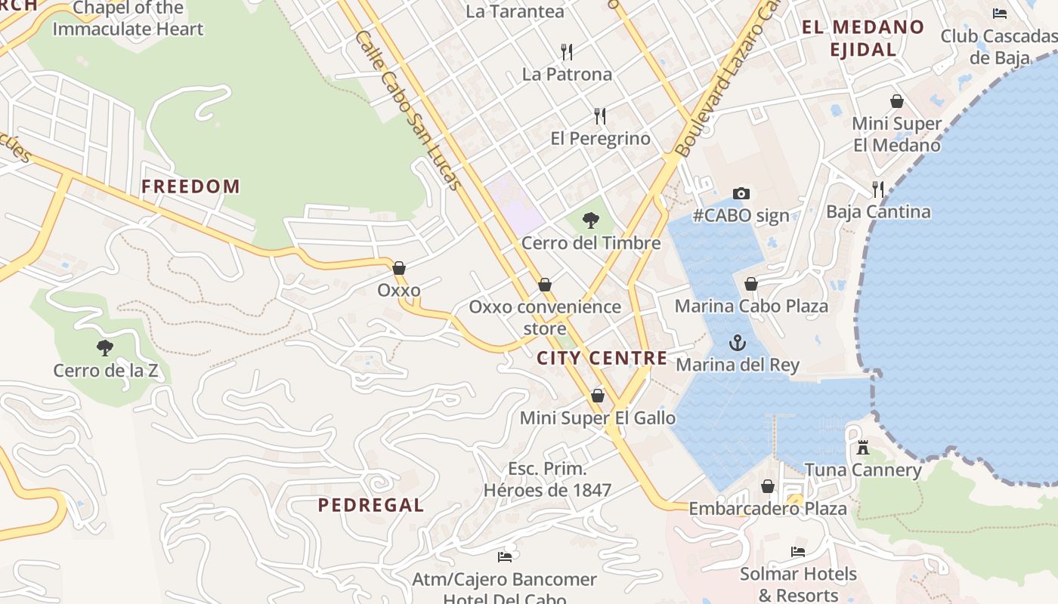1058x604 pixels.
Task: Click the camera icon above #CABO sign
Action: (741, 194)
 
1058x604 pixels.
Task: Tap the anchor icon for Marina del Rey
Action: (737, 344)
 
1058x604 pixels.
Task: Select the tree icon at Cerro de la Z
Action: (105, 348)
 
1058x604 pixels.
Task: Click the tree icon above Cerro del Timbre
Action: (591, 220)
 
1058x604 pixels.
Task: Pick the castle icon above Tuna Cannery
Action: (862, 448)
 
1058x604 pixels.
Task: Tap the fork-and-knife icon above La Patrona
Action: (567, 51)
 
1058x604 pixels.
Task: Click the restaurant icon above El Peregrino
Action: (600, 116)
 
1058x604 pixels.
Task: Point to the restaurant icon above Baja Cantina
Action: (877, 189)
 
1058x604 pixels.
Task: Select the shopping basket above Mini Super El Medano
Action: (897, 101)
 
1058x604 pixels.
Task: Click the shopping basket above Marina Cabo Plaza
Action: (751, 284)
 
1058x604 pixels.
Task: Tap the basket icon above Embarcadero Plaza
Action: (768, 486)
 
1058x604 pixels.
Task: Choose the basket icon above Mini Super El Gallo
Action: (598, 396)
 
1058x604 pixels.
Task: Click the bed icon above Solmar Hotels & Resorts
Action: (798, 552)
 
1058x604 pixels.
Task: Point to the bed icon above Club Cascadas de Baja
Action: (1000, 14)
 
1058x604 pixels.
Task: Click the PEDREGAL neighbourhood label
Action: (371, 505)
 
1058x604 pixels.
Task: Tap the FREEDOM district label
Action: (190, 186)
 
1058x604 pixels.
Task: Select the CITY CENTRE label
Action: (602, 358)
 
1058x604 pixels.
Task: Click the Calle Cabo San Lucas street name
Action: (408, 109)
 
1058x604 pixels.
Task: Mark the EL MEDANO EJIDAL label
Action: (862, 39)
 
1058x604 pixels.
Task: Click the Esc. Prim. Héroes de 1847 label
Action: (547, 479)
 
